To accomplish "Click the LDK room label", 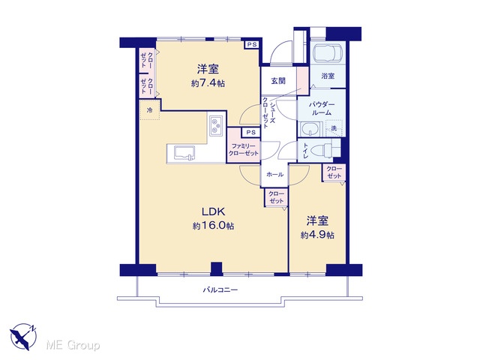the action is click(214, 211).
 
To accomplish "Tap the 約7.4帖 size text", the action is click(208, 83).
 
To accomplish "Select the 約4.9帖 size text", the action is click(317, 235).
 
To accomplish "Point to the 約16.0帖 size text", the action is click(214, 226).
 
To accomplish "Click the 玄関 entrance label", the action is click(278, 81).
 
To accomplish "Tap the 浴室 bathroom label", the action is click(328, 76).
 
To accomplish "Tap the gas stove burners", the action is click(217, 125).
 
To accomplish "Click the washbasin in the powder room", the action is click(310, 130).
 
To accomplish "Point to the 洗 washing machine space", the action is click(334, 128).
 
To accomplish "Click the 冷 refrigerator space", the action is click(150, 110).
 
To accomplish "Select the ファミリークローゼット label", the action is click(244, 149).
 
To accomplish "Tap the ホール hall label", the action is click(275, 175).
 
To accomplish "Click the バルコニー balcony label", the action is click(220, 289).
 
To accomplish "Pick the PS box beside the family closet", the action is click(251, 132).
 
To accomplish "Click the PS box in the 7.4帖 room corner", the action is click(252, 45).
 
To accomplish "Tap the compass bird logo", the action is click(23, 337).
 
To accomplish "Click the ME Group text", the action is click(73, 346).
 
